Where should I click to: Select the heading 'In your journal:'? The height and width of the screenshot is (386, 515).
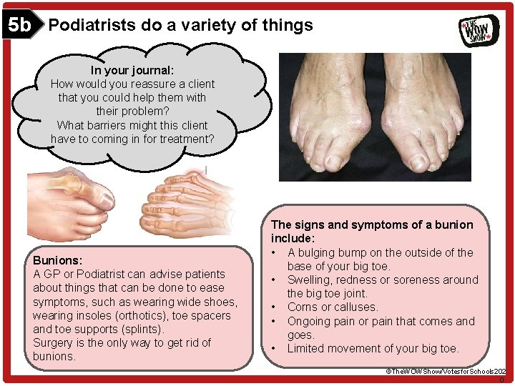coord(132,70)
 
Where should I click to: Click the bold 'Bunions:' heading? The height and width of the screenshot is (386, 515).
coord(58,260)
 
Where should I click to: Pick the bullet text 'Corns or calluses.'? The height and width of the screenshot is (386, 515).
coord(333,307)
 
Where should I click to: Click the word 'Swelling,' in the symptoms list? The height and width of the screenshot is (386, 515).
coord(312,279)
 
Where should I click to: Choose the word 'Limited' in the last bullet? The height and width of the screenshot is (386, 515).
coord(308,348)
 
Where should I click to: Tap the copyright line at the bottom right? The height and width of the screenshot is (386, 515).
coord(446,372)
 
